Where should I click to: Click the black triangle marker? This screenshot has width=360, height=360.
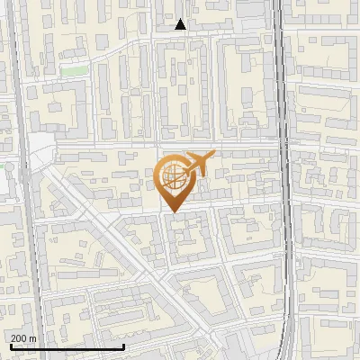coord(181,24)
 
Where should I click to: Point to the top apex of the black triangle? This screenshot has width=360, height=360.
coord(181,19)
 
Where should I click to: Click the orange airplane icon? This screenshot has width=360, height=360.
coord(196,163)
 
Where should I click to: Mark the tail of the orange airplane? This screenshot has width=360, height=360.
coord(184,158)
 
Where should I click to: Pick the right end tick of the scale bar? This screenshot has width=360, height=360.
coord(123,346)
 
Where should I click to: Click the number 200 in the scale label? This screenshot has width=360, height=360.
coord(19,337)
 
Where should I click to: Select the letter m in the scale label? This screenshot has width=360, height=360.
coord(33,338)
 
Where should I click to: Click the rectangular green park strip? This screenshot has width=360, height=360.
coord(76,70)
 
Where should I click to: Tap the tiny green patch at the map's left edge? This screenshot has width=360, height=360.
coord(3,166)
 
